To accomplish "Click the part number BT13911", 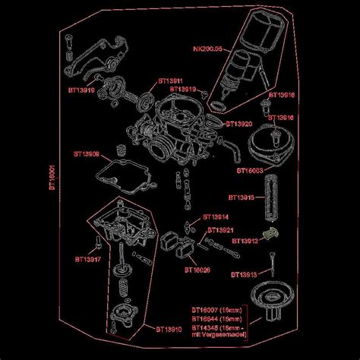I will (x=171, y=80).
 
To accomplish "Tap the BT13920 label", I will (x=239, y=124).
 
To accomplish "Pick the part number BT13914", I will (x=216, y=216).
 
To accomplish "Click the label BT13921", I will (x=220, y=229).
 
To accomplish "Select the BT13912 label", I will (x=245, y=241).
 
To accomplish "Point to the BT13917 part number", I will (x=88, y=259).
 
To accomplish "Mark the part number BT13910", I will (x=169, y=329).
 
